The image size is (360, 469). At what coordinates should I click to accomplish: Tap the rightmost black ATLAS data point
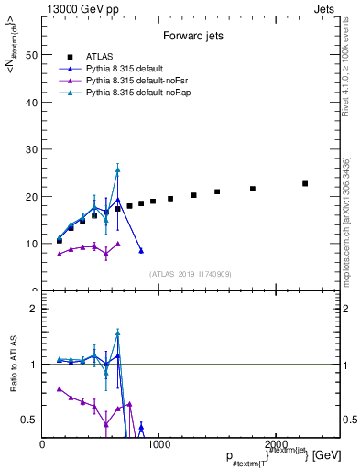tap(305, 183)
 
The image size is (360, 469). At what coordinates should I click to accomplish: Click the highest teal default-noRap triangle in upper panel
tap(117, 169)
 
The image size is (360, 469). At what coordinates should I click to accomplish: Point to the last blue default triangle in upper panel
tap(141, 250)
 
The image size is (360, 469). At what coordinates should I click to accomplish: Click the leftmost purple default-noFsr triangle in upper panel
tap(60, 254)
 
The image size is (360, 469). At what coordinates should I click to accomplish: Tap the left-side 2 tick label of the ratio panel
tap(34, 309)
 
